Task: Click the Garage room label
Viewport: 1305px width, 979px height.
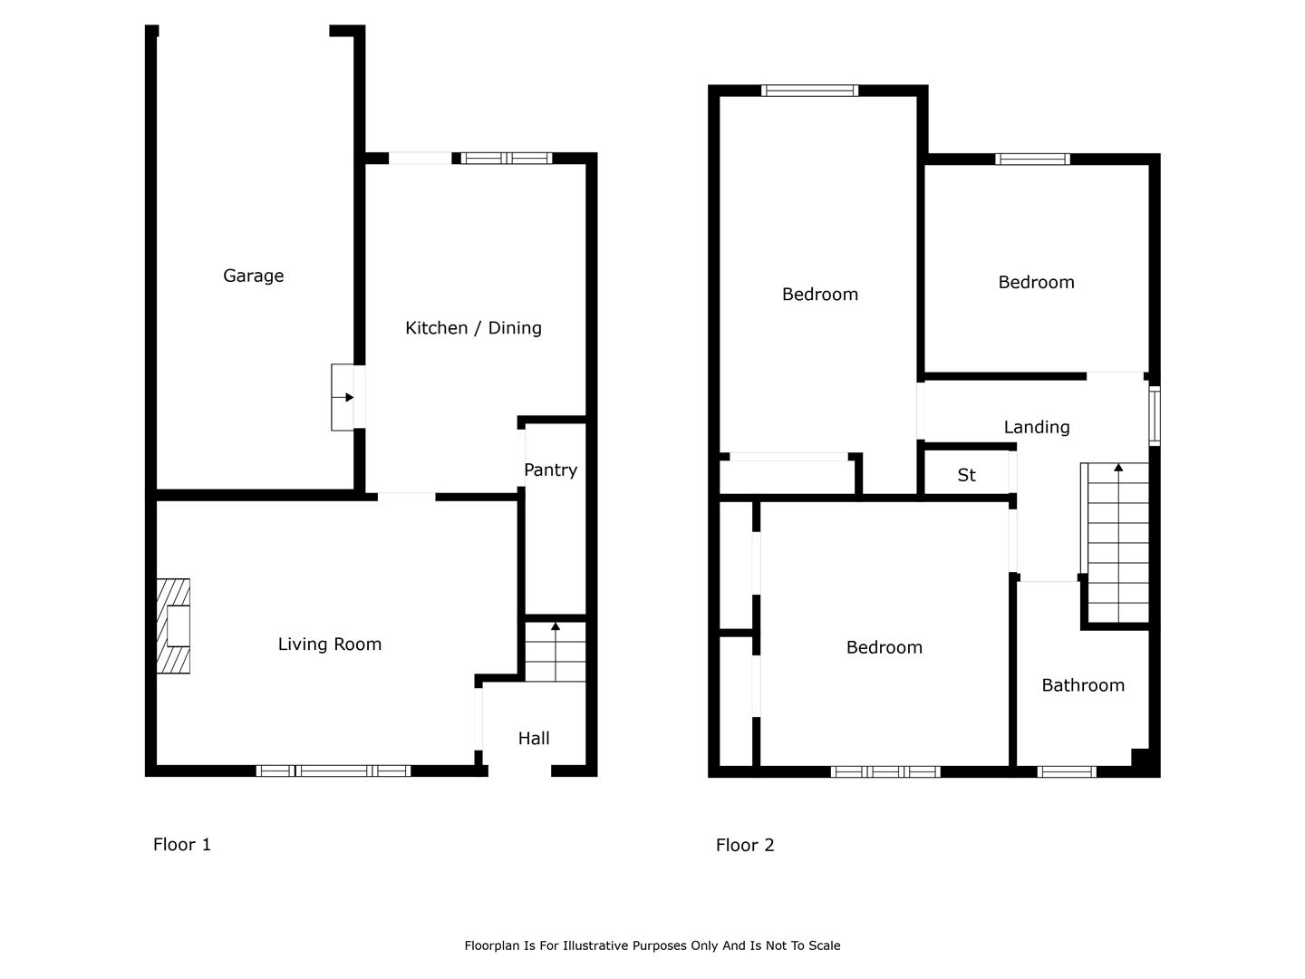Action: coord(253,276)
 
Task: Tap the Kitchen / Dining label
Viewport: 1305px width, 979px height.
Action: coord(473,327)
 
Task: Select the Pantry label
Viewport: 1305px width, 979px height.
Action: coord(550,470)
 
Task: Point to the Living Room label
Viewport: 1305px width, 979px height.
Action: coord(329,644)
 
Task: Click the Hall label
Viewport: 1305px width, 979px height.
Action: coord(533,738)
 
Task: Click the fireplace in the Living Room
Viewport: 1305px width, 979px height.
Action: coord(174,625)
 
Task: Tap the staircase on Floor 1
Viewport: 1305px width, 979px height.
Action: coord(556,652)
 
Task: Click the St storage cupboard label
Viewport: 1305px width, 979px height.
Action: coord(966,475)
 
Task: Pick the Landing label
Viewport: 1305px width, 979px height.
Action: coord(1037,427)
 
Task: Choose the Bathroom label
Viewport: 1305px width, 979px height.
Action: coord(1083,685)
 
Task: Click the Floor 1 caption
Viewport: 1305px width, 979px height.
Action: coord(182,844)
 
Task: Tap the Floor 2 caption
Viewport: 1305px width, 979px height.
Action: coord(745,845)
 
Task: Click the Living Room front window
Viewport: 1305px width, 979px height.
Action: coord(333,771)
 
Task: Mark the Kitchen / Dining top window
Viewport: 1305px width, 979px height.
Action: coord(507,158)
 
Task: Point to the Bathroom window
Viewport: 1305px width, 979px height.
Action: coord(1068,771)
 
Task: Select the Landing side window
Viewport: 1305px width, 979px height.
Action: coord(1155,416)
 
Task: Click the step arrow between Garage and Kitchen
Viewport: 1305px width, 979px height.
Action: coord(343,397)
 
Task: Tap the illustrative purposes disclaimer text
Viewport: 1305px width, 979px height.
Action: coord(652,945)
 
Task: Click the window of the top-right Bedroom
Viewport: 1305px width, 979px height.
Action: coord(1033,159)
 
